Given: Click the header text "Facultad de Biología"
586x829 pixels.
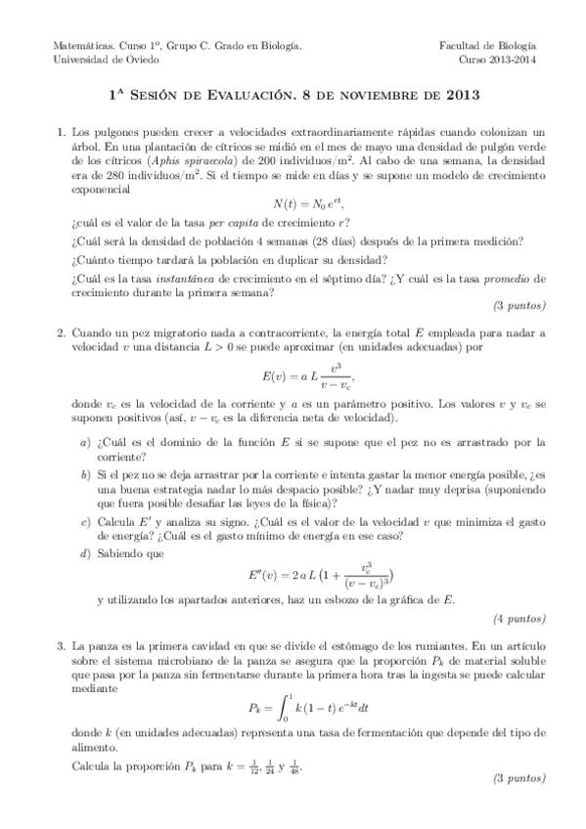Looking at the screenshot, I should (492, 46).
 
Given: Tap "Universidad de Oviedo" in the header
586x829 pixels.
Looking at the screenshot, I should (96, 59).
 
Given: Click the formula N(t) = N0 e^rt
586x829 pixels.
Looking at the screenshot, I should (293, 203).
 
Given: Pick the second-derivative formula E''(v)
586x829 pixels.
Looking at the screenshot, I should (293, 574).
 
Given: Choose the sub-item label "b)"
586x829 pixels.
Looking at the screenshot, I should (85, 472).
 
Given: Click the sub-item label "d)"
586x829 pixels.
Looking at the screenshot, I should (85, 553).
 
